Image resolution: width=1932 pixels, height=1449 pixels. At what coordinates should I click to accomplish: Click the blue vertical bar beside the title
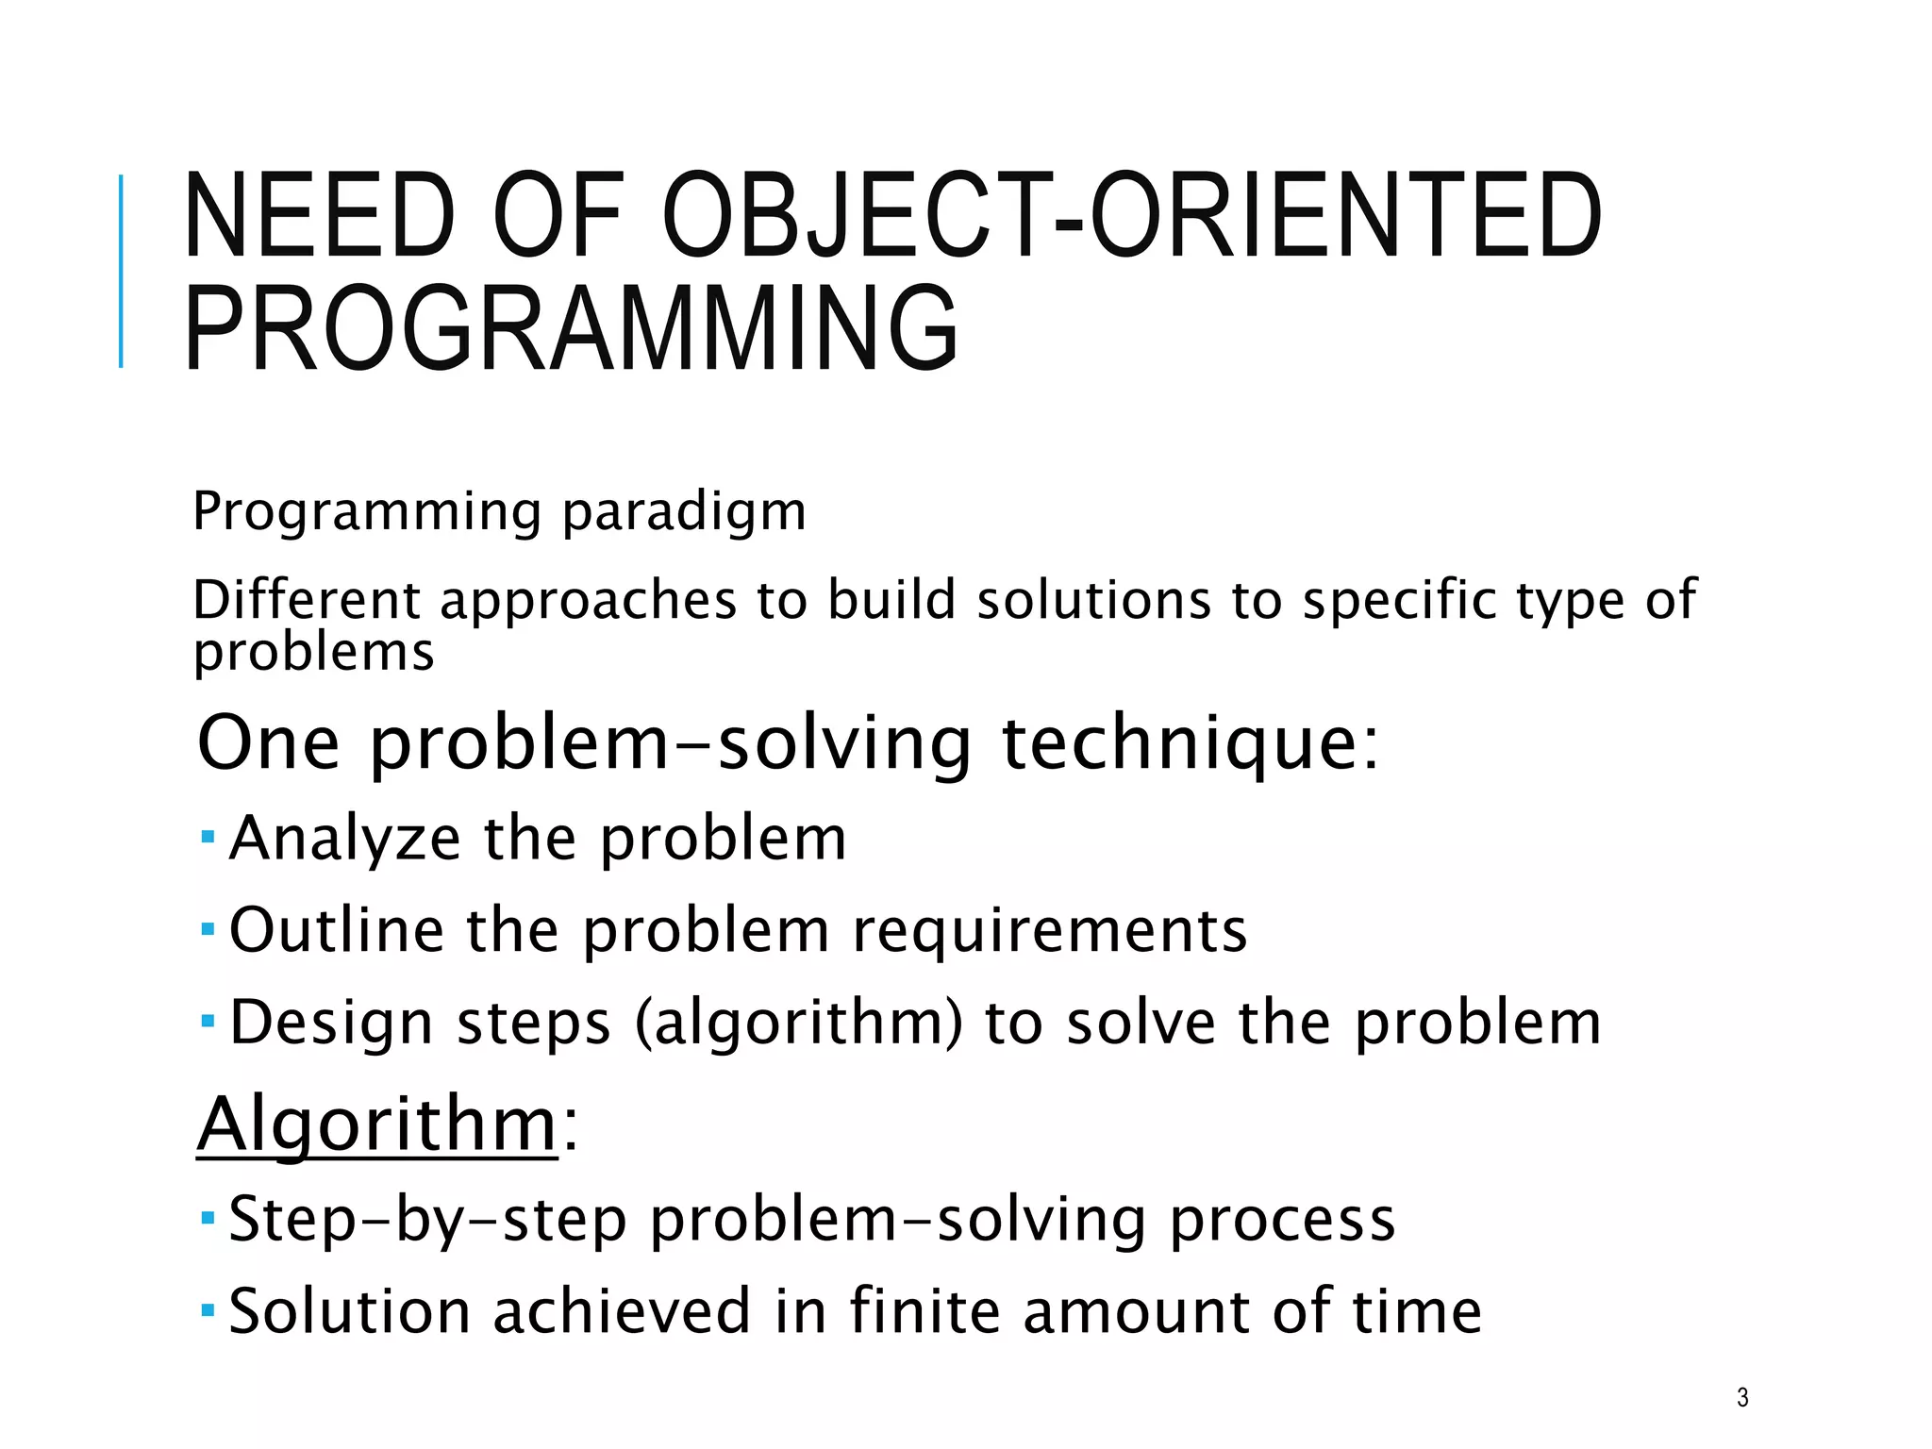point(121,271)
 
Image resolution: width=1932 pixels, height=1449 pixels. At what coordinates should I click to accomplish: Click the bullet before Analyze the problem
point(208,837)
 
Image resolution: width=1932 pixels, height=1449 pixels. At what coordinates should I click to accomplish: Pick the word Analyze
point(345,839)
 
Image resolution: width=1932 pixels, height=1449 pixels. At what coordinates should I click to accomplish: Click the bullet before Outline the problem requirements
point(208,929)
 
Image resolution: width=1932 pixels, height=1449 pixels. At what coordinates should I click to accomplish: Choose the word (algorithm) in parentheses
point(799,1024)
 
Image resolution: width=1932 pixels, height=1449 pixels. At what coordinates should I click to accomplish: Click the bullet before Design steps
point(208,1021)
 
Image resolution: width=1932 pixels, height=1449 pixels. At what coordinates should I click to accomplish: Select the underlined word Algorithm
point(377,1124)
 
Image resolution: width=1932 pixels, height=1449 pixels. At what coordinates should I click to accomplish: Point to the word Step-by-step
point(428,1219)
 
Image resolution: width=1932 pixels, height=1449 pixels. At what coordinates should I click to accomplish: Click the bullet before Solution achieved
point(208,1310)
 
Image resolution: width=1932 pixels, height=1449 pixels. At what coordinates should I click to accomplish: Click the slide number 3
point(1742,1397)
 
